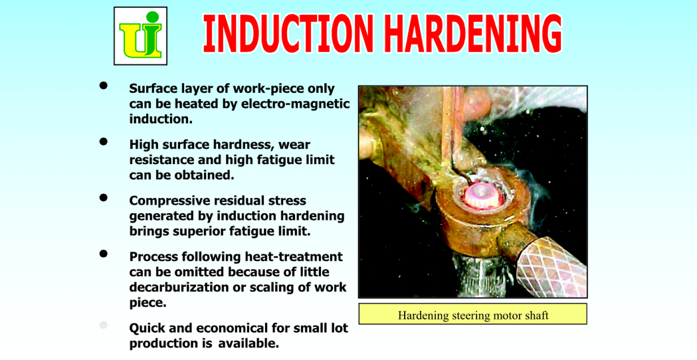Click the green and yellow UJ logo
point(140,36)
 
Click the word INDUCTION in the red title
point(288,34)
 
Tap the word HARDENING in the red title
point(474,34)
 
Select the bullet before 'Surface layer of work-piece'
point(104,86)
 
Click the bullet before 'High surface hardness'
point(104,141)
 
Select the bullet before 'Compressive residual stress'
point(104,198)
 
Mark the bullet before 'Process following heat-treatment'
point(104,254)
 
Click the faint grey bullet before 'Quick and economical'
point(104,325)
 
